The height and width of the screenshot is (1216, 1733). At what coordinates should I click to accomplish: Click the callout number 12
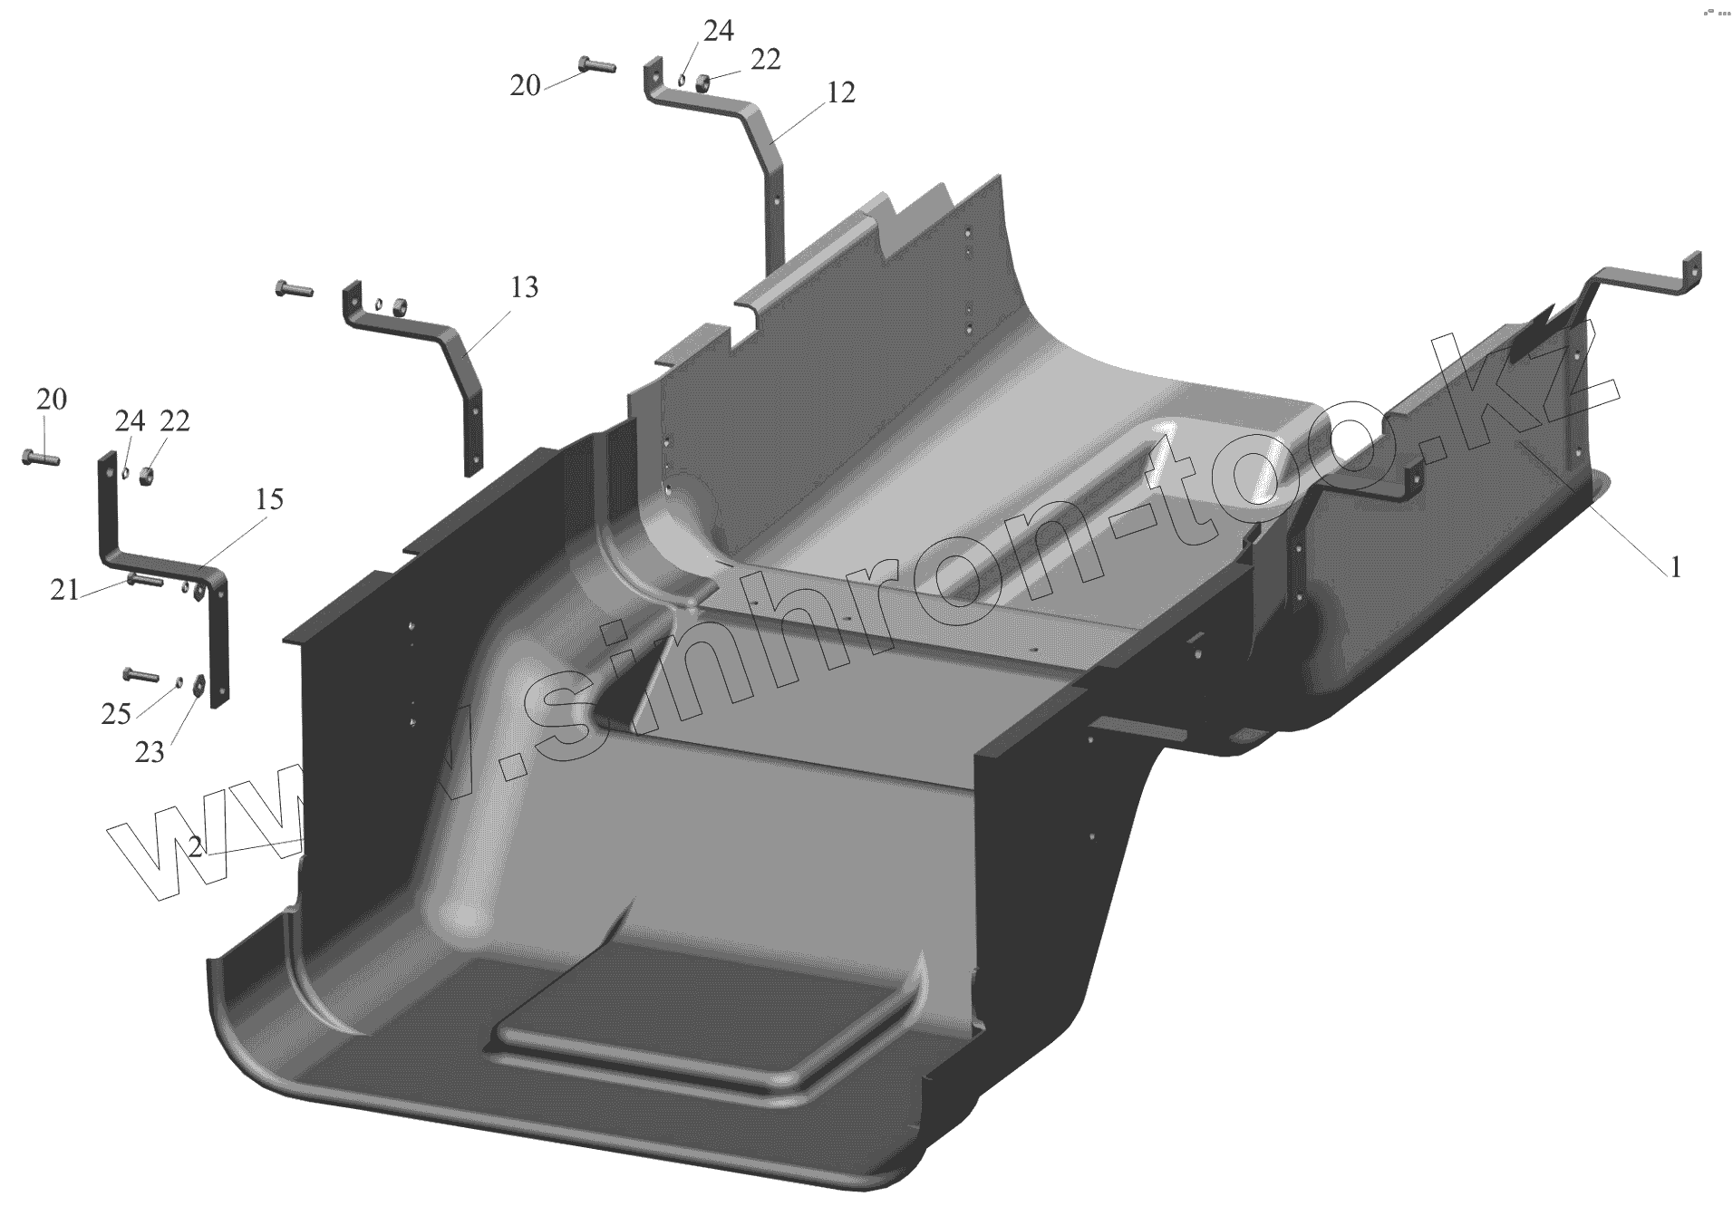tap(841, 92)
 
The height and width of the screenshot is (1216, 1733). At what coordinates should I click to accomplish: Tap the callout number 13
tap(524, 287)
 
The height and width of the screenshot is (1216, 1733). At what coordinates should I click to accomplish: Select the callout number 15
tap(268, 499)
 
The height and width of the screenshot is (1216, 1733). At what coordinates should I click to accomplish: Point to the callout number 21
tap(63, 591)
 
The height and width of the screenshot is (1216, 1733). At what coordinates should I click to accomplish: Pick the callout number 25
tap(116, 714)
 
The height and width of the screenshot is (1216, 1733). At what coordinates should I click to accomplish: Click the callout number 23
tap(150, 751)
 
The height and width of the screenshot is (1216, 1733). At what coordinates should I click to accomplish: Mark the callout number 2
tap(196, 847)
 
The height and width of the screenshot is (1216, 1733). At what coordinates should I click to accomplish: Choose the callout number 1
tap(1676, 567)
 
